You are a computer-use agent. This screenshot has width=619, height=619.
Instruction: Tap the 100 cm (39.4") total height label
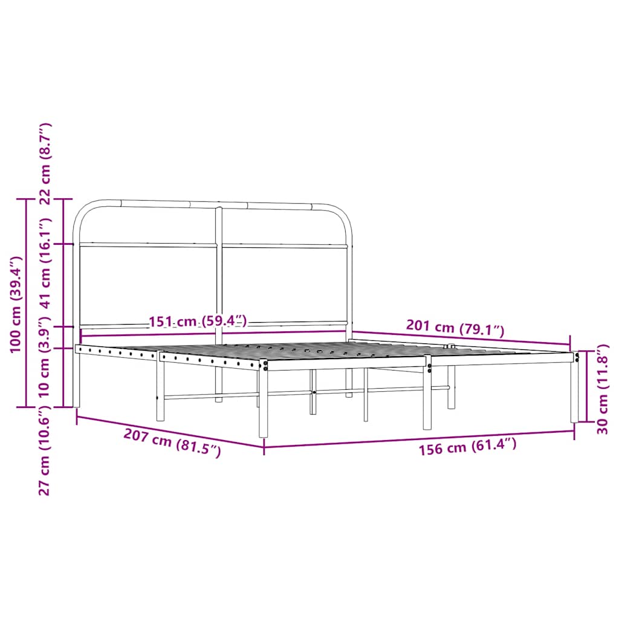click(16, 303)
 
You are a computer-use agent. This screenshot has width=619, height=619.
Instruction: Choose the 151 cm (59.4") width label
click(198, 321)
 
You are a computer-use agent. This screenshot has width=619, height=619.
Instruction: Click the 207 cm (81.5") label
click(172, 442)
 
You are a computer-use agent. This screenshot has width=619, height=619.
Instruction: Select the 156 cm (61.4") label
click(468, 447)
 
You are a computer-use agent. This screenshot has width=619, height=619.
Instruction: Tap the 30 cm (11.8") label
click(602, 390)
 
